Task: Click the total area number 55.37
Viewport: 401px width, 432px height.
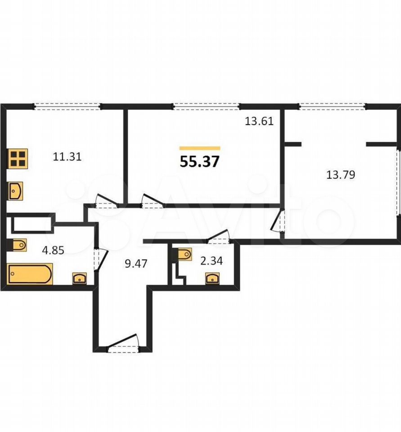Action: (x=199, y=162)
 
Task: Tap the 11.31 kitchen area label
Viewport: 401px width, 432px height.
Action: (x=67, y=157)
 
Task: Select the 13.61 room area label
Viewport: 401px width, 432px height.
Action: (x=259, y=121)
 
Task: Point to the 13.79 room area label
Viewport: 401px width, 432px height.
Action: (x=341, y=175)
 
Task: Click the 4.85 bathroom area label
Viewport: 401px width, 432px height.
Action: (x=53, y=250)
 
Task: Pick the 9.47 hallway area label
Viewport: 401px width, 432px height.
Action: (x=136, y=264)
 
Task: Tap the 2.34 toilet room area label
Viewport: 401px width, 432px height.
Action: (x=212, y=261)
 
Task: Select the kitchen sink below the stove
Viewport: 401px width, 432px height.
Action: (x=16, y=191)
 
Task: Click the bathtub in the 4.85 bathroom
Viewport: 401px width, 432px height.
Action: (x=30, y=274)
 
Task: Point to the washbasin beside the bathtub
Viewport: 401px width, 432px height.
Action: (x=79, y=278)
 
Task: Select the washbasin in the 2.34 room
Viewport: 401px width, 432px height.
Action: (x=212, y=278)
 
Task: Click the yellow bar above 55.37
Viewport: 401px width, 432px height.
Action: (x=200, y=148)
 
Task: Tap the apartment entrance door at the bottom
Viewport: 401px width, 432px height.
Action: (x=123, y=343)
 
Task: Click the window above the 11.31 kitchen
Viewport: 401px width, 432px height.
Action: (x=67, y=106)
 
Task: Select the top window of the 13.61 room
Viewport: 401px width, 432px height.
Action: (x=207, y=106)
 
